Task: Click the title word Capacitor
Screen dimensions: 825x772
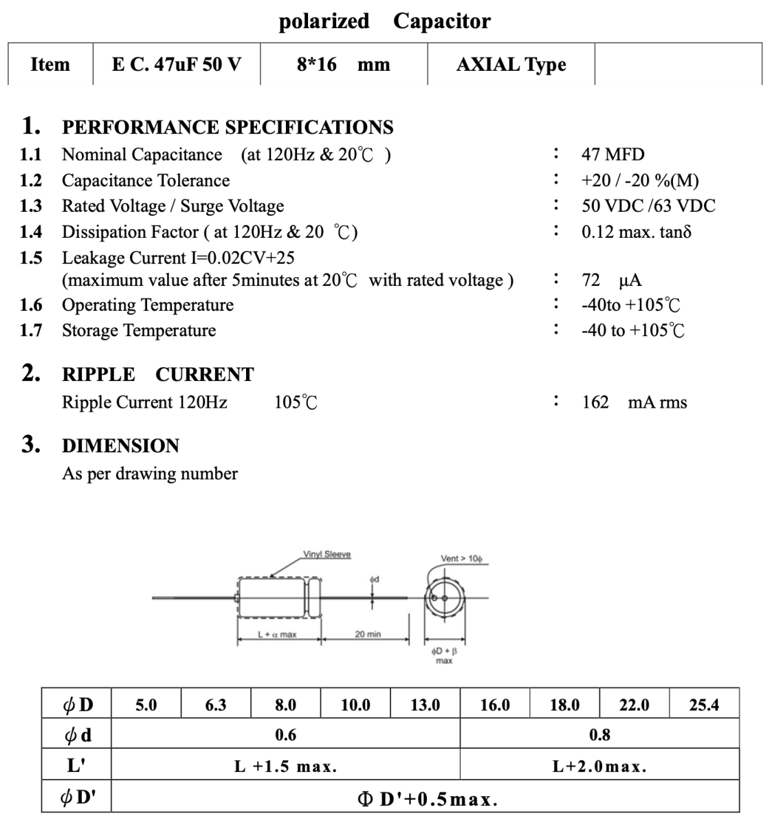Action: [x=441, y=21]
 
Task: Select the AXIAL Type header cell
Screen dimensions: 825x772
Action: [x=511, y=65]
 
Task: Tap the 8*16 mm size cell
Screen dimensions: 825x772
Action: [x=343, y=65]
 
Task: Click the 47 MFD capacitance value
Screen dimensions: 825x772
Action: [x=613, y=155]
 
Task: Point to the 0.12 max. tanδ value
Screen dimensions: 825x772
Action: [x=636, y=232]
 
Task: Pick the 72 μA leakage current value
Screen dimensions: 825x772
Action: [x=611, y=280]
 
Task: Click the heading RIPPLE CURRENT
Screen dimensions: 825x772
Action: [x=157, y=375]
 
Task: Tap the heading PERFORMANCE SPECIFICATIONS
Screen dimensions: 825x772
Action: [x=228, y=127]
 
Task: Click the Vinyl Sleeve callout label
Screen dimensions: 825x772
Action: [x=327, y=555]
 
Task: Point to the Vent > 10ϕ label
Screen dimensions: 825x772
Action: [x=461, y=559]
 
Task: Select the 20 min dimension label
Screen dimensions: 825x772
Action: [x=368, y=635]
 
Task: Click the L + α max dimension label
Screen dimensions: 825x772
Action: [x=277, y=635]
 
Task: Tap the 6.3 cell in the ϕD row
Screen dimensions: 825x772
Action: [x=215, y=705]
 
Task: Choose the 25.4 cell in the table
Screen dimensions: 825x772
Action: [x=704, y=705]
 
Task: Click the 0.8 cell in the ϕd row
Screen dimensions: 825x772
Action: [x=599, y=735]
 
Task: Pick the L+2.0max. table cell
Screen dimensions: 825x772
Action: [x=599, y=767]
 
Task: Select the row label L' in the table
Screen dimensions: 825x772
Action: [x=76, y=765]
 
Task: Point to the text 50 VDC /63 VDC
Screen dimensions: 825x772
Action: [x=648, y=206]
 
